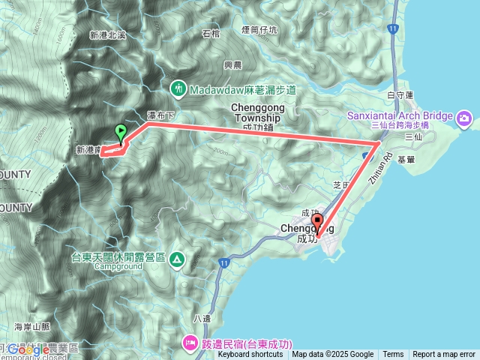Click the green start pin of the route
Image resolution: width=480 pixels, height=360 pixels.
tap(120, 132)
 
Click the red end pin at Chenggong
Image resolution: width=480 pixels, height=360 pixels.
tap(317, 223)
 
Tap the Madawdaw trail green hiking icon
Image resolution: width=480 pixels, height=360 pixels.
tap(179, 88)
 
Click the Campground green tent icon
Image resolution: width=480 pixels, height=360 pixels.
tap(176, 259)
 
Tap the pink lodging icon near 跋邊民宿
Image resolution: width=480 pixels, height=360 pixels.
tap(188, 343)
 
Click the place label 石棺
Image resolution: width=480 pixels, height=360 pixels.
tap(211, 33)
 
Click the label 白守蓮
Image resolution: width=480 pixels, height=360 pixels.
tap(401, 95)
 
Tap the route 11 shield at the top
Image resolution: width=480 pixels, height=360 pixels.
tap(393, 28)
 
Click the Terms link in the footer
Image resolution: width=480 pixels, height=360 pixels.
tap(393, 355)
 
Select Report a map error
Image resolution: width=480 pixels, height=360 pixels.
tap(444, 355)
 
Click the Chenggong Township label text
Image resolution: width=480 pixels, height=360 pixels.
tap(256, 112)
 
